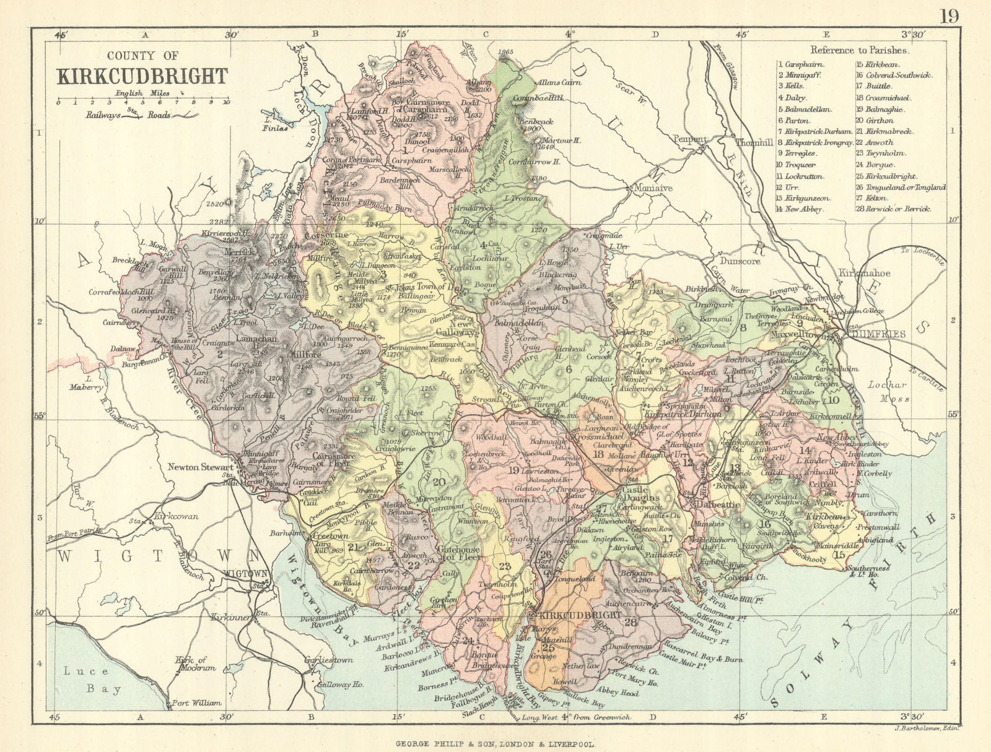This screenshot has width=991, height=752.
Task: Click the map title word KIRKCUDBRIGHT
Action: (142, 76)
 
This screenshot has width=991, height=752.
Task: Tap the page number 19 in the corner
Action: (950, 15)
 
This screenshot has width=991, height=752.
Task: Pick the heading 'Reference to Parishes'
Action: (860, 51)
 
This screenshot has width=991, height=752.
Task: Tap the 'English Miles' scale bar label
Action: (142, 93)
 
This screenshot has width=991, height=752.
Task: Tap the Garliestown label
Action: (328, 660)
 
